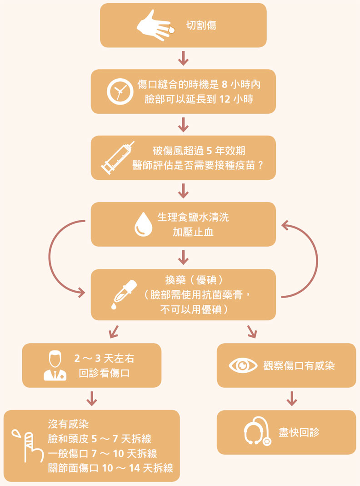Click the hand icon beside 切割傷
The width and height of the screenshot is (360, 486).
155,25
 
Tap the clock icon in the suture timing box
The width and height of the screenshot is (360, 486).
120,91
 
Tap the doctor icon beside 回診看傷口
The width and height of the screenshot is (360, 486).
55,366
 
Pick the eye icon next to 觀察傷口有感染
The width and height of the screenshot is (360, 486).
243,365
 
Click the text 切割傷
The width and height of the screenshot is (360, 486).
201,25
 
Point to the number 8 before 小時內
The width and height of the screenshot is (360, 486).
225,85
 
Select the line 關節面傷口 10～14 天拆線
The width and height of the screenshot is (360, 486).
110,468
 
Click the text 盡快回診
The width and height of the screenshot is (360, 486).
299,432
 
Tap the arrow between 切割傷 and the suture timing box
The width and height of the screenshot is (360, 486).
183,58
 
